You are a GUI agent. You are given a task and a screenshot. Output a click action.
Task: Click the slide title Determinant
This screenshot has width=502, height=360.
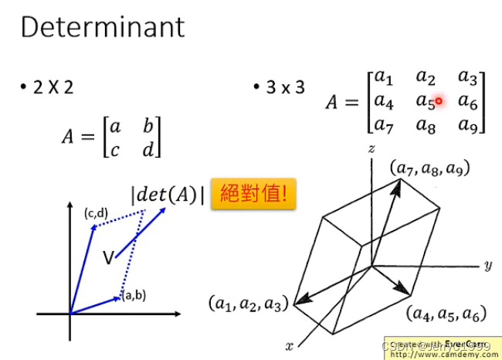tap(103, 28)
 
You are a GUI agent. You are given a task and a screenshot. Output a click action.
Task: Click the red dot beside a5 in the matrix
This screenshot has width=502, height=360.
tap(439, 100)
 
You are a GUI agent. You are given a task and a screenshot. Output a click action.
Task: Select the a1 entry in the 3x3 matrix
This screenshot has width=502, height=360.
tap(384, 76)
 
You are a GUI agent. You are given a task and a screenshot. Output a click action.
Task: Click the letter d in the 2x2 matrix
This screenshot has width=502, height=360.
tap(148, 150)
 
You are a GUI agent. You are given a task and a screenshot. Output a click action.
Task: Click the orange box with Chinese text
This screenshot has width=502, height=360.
tap(254, 193)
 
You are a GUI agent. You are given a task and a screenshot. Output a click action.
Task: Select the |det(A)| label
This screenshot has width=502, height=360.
tap(168, 195)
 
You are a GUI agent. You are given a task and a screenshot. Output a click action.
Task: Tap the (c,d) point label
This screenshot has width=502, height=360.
tap(95, 213)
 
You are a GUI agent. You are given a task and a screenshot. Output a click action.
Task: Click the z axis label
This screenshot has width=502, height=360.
tap(371, 147)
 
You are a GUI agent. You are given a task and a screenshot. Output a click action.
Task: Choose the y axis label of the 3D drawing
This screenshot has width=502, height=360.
tap(488, 266)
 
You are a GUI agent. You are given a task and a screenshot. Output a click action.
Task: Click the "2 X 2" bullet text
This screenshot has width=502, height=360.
tap(53, 87)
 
